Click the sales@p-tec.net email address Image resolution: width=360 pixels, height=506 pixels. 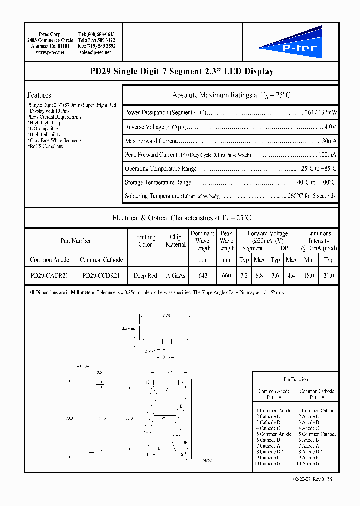click(95, 52)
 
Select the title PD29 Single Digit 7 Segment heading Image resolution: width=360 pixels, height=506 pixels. click(182, 72)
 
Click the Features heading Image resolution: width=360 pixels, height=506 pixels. click(39, 95)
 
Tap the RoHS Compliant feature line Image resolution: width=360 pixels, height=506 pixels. click(45, 146)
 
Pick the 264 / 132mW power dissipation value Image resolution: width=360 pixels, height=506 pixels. click(320, 113)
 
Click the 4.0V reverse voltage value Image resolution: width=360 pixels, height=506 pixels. click(330, 127)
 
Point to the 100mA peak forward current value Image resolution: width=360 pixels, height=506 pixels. click(327, 155)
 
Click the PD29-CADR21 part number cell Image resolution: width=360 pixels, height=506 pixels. click(49, 275)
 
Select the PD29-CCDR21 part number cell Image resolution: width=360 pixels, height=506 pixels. click(101, 275)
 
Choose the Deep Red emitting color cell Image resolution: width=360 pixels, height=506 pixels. click(145, 275)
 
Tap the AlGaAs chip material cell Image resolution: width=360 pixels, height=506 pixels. click(175, 275)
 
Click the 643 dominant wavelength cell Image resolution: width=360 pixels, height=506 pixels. click(202, 275)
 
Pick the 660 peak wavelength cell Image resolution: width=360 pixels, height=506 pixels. click(226, 275)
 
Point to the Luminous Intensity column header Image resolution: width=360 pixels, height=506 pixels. click(319, 240)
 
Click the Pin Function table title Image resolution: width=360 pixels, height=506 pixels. click(296, 379)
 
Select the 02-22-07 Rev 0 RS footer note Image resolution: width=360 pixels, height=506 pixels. click(312, 479)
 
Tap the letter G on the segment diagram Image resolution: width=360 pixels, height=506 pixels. click(163, 419)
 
